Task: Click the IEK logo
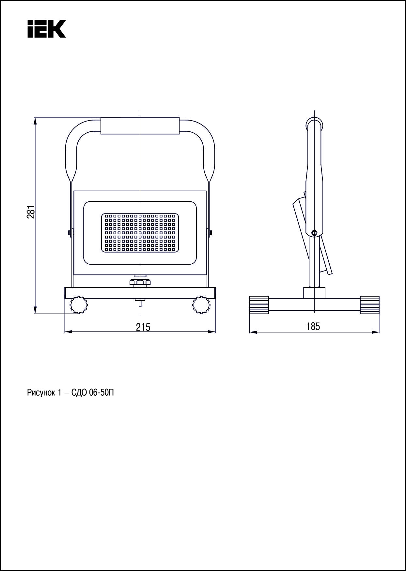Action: point(47,29)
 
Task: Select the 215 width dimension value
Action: point(143,327)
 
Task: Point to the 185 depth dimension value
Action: point(313,326)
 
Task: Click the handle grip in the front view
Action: point(140,125)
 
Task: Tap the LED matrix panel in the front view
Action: point(140,233)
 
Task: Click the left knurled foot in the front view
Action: point(79,305)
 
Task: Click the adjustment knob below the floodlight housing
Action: point(140,282)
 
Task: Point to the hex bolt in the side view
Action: point(315,233)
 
